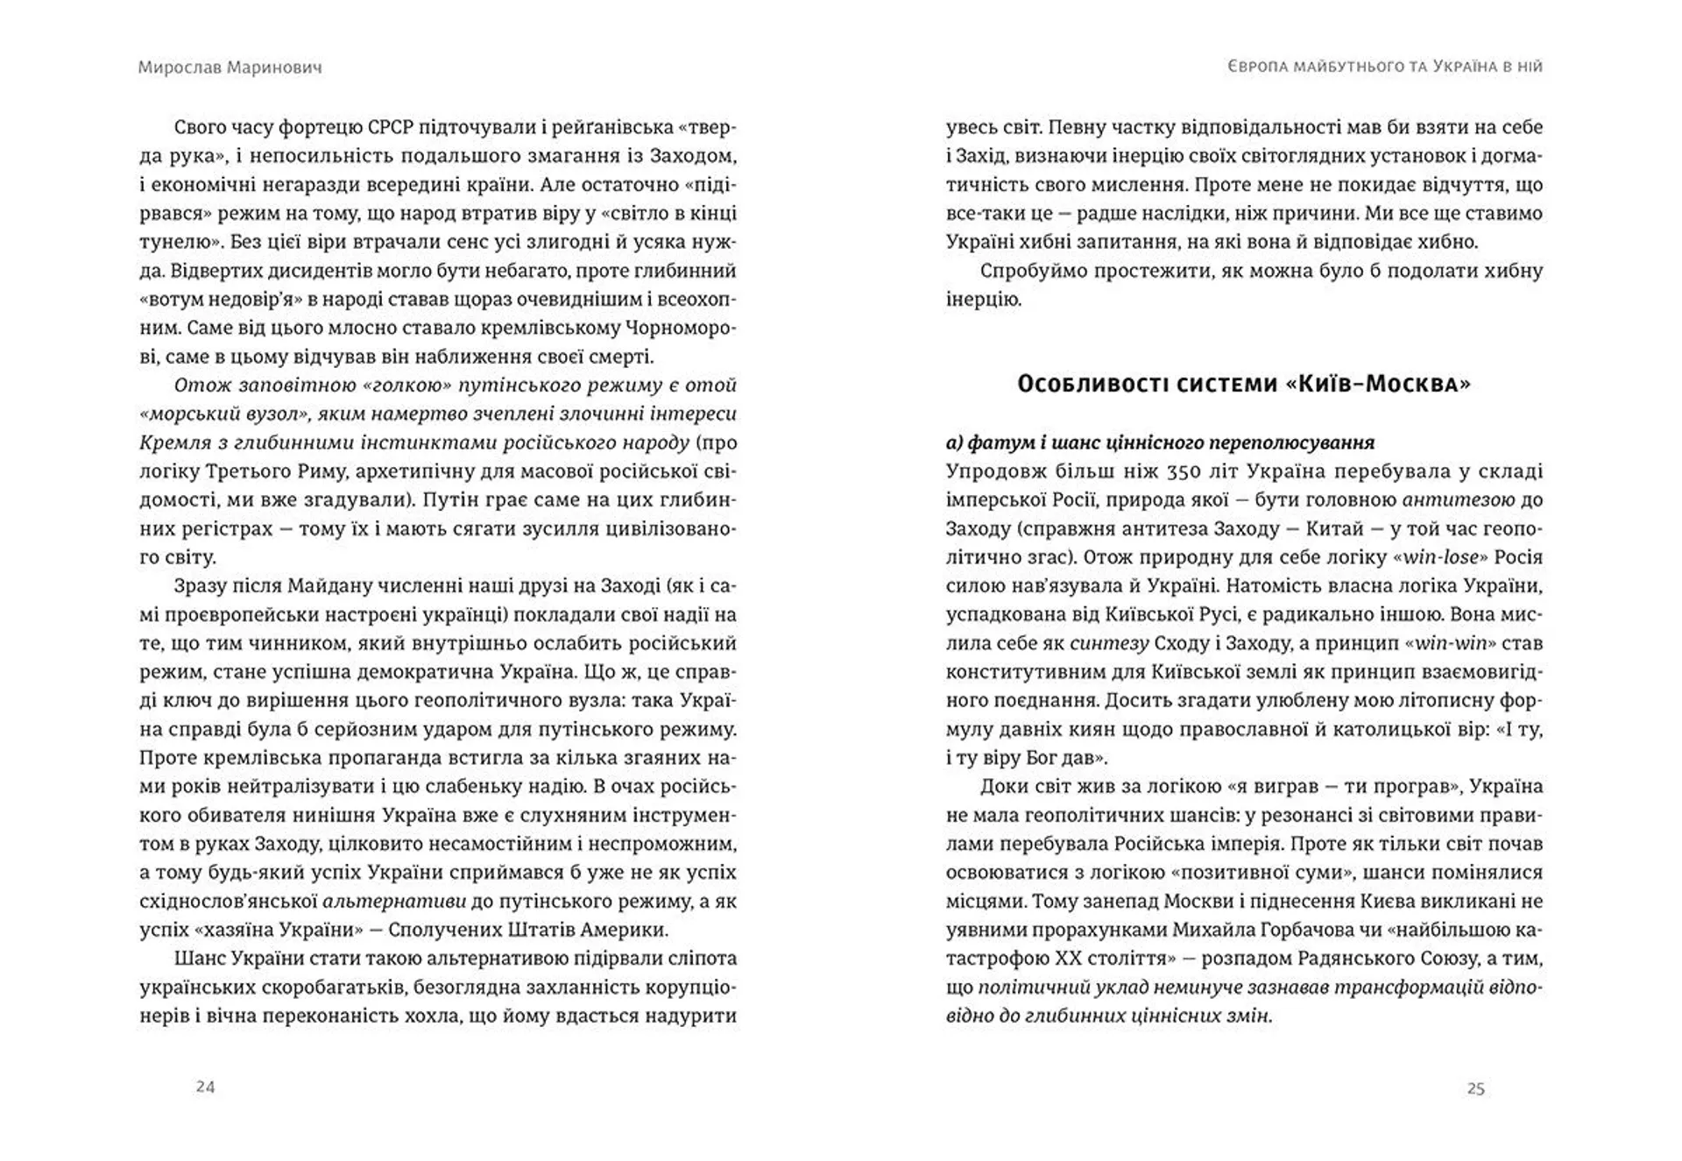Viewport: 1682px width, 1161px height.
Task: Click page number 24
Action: tap(205, 1087)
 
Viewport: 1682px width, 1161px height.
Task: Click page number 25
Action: tap(1475, 1088)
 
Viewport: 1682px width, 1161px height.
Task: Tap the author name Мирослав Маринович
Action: tap(230, 67)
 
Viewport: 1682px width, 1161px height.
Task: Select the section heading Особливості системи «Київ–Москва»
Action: tap(1243, 384)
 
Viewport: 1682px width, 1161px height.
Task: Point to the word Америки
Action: tap(628, 930)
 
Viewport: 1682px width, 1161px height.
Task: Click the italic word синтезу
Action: tap(1109, 643)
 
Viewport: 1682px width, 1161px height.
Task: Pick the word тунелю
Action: tap(168, 243)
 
